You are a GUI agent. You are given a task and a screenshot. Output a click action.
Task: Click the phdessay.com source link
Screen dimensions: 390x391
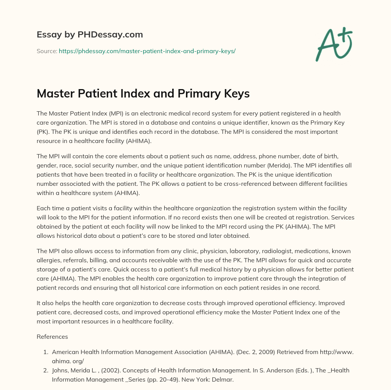coord(147,51)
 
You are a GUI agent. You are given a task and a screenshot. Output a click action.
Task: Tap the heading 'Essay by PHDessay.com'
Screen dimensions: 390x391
coord(90,35)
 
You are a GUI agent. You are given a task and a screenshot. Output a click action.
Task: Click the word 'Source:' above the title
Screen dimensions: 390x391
coord(47,51)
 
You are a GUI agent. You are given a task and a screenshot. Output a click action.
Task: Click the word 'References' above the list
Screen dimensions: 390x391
coord(52,337)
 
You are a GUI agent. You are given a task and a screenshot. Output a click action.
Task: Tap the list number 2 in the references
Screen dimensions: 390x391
coord(45,370)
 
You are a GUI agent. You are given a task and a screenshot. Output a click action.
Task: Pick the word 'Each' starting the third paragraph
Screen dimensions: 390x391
coord(43,208)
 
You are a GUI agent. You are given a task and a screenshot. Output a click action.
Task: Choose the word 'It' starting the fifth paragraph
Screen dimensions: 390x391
coord(39,303)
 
